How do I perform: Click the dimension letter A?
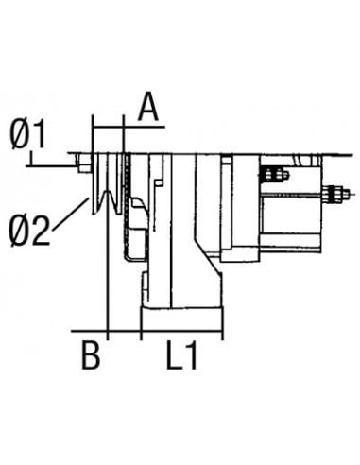pos(147,107)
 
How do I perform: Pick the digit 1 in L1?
pos(193,358)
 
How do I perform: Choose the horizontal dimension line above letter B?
pos(91,334)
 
